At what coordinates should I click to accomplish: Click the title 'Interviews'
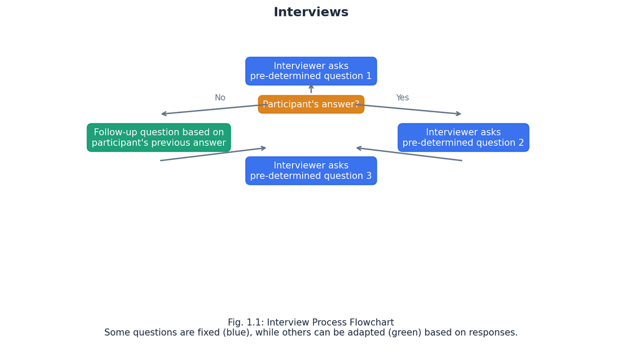point(311,12)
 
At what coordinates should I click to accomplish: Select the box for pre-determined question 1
point(311,71)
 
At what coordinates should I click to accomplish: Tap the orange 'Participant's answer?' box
point(311,104)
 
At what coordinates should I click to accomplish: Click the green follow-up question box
point(159,138)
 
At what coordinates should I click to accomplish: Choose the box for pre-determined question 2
point(463,138)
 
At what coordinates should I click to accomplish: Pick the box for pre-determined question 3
point(311,171)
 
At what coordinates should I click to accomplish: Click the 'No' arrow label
point(220,98)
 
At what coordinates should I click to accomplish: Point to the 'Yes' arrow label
point(402,98)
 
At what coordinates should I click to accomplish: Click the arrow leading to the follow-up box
point(207,109)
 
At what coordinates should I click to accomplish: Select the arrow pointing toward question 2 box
point(415,109)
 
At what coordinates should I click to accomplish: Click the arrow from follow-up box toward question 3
point(213,154)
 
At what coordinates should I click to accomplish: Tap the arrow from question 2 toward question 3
point(409,154)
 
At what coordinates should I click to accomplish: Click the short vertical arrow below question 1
point(311,89)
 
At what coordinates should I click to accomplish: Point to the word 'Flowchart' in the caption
point(372,323)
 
